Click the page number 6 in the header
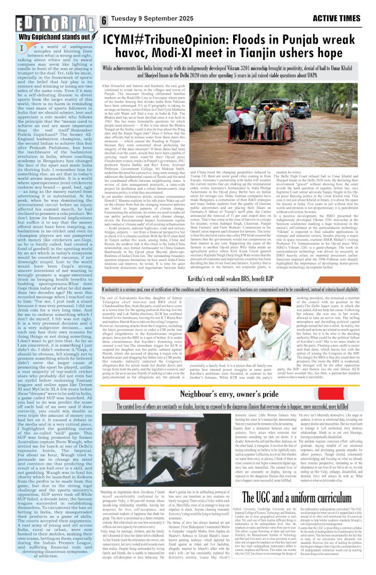(105, 20)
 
